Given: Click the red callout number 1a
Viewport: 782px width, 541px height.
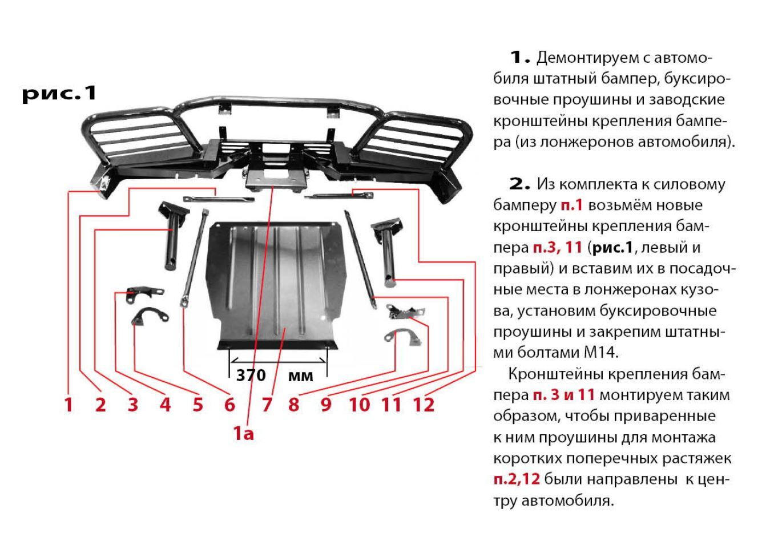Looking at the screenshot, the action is (243, 434).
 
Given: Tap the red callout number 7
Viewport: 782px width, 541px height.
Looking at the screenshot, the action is (267, 405).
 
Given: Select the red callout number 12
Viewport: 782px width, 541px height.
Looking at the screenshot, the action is (424, 405).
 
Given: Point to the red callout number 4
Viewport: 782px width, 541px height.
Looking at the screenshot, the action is (165, 405).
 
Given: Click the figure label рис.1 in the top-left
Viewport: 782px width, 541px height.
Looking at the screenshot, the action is (59, 94).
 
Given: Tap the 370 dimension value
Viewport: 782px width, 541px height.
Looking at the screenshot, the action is (251, 376).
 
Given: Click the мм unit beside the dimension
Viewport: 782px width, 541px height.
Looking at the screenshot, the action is (301, 377).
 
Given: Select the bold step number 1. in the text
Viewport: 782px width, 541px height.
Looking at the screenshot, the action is (520, 58).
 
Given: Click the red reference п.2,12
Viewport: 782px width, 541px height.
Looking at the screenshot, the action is (517, 479).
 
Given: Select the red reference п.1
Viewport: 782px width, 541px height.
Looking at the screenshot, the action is (572, 205).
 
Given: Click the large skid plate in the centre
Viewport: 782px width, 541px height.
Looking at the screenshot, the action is (276, 284).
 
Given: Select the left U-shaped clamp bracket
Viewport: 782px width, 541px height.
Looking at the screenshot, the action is (150, 316).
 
